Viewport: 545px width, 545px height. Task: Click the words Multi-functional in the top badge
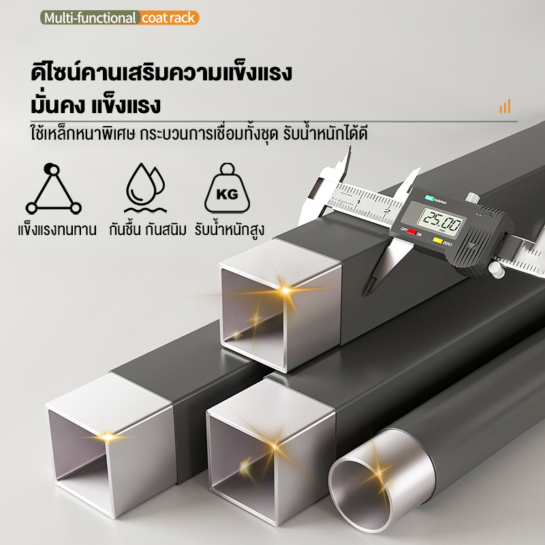tap(90, 18)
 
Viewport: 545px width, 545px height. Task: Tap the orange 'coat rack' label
tap(169, 18)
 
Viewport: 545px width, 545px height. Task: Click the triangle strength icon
tap(53, 189)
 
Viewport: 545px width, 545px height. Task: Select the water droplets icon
tap(145, 188)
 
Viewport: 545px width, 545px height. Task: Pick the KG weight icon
tap(227, 188)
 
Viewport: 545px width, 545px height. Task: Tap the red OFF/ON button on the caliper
tap(412, 232)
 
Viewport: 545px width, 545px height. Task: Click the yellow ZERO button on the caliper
tap(437, 240)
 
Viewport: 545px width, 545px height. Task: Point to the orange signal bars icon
tap(505, 106)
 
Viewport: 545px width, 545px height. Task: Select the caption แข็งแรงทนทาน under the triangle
tap(57, 230)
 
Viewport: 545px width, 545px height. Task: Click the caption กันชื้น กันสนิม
tap(148, 230)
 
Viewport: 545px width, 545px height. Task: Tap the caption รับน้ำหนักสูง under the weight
tap(230, 230)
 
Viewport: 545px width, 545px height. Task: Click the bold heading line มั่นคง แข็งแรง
tap(95, 106)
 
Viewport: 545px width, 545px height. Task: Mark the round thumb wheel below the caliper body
tap(496, 270)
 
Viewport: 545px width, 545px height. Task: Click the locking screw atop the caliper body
tap(473, 198)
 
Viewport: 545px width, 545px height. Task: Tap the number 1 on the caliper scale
tap(359, 202)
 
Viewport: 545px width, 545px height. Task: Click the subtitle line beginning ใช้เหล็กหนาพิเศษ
tap(199, 134)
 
